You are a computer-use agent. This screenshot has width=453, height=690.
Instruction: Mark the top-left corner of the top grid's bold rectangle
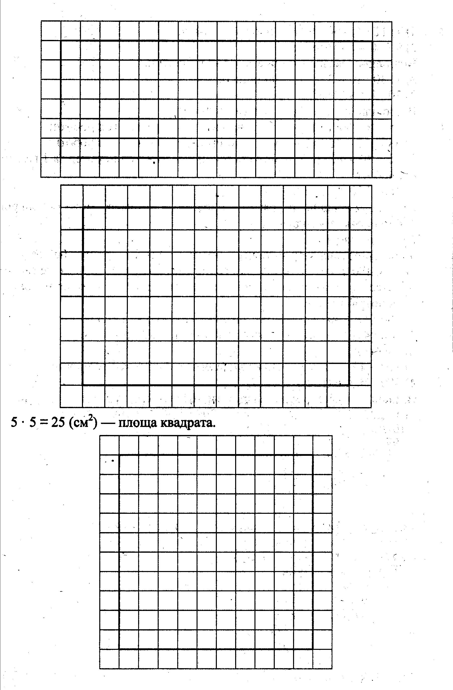[x=61, y=41]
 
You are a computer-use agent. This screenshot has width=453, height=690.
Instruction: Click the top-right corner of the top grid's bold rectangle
[x=372, y=41]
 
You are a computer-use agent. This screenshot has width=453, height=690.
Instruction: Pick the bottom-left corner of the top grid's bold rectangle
[x=61, y=157]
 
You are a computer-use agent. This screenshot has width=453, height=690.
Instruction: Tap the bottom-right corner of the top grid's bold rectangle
[x=372, y=157]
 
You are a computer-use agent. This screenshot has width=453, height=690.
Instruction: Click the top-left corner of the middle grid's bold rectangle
[x=83, y=207]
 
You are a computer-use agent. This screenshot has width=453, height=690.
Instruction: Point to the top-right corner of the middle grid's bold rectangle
[x=350, y=207]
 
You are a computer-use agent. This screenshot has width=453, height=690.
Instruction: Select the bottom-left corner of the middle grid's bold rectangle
[x=83, y=385]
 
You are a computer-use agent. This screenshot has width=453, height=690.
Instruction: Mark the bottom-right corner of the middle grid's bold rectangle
[x=350, y=385]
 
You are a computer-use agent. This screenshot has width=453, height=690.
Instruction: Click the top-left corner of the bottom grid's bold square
[x=119, y=455]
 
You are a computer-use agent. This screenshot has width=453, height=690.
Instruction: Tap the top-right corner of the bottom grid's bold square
[x=313, y=455]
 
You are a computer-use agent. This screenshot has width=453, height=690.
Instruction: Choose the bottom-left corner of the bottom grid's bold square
[x=119, y=649]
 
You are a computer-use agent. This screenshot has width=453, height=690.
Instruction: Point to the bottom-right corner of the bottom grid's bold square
[x=313, y=649]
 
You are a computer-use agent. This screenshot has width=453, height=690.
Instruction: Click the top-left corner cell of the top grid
[x=51, y=31]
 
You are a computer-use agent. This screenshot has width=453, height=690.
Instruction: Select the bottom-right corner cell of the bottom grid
[x=322, y=659]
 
